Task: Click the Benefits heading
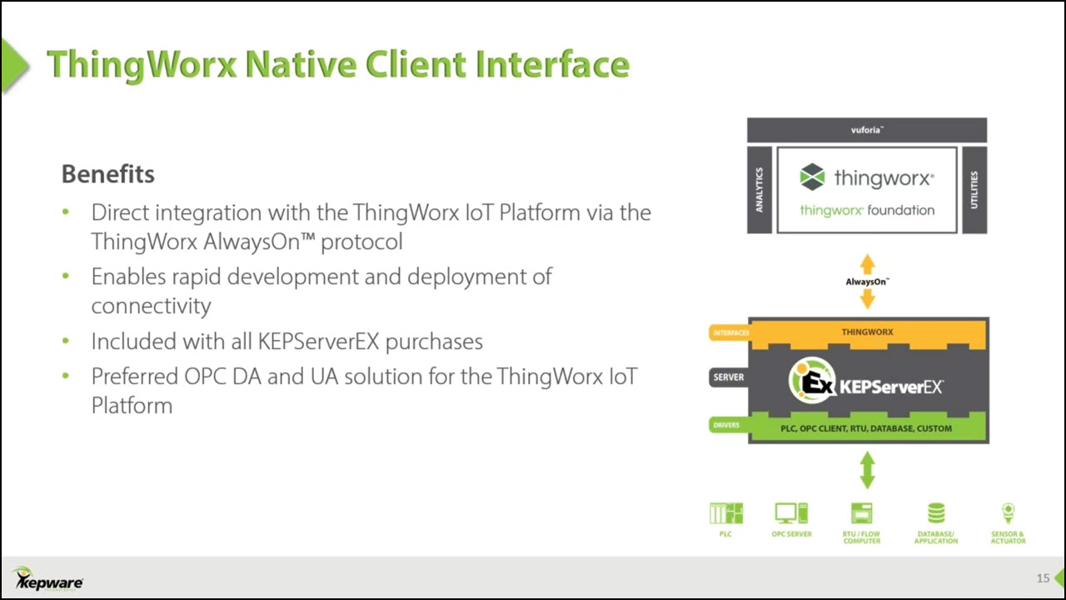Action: tap(108, 174)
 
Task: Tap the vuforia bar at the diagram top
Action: tap(867, 130)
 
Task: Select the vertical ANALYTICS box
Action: tap(760, 190)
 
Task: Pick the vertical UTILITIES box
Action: tap(974, 190)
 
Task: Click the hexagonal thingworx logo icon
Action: tap(812, 177)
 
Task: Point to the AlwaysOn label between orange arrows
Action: tap(867, 282)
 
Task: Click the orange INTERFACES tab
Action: tap(730, 332)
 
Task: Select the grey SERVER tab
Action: tap(729, 377)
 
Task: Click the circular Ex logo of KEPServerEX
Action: tap(812, 381)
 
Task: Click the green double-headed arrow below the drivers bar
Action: tap(867, 470)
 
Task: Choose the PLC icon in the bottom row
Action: tap(725, 513)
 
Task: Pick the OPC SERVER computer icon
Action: tap(791, 513)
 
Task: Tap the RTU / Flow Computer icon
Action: tap(861, 513)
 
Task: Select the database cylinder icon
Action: tap(936, 513)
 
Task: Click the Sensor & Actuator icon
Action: tap(1008, 513)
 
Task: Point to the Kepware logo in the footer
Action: tap(47, 579)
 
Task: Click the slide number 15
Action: tap(1043, 578)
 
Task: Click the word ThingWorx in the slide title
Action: tap(142, 65)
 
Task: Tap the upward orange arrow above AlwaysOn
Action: tap(867, 264)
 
